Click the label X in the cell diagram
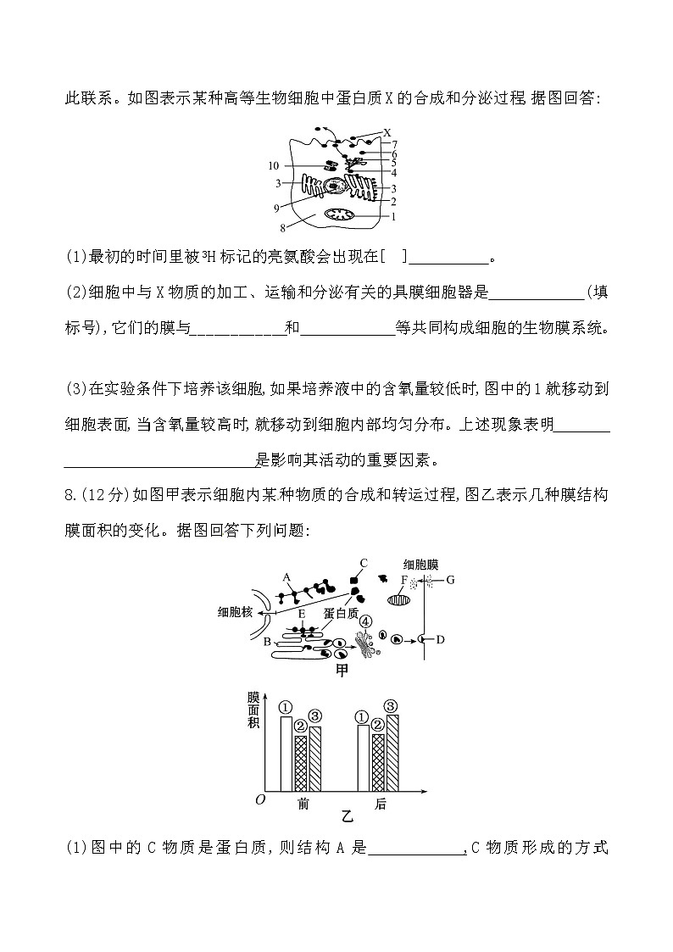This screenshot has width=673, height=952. pyautogui.click(x=387, y=132)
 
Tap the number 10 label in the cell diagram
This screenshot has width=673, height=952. pyautogui.click(x=273, y=165)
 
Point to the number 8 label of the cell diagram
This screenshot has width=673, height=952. pyautogui.click(x=282, y=227)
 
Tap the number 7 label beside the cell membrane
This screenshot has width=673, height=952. pyautogui.click(x=394, y=144)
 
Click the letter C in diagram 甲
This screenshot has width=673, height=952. pyautogui.click(x=362, y=562)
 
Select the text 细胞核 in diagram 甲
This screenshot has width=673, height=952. pyautogui.click(x=235, y=612)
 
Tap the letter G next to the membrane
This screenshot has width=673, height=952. pyautogui.click(x=451, y=580)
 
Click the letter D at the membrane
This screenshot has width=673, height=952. pyautogui.click(x=440, y=639)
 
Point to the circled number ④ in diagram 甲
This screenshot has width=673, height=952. pyautogui.click(x=365, y=621)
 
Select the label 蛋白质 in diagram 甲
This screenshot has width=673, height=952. pyautogui.click(x=342, y=612)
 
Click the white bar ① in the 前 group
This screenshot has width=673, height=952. pyautogui.click(x=286, y=754)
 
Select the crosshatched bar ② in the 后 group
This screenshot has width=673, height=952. pyautogui.click(x=378, y=761)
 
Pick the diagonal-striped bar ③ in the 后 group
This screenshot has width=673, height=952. pyautogui.click(x=392, y=752)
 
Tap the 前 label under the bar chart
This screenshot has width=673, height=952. pyautogui.click(x=303, y=804)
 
